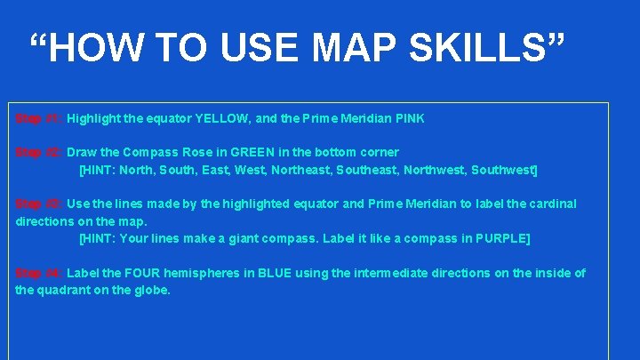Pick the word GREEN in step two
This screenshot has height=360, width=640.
(x=253, y=152)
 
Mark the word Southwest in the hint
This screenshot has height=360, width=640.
(x=504, y=169)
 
